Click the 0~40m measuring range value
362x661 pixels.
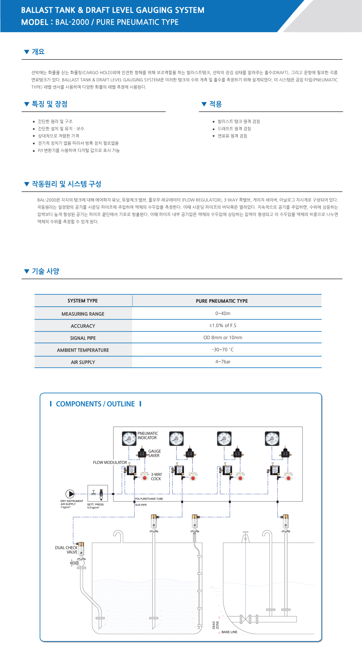223,313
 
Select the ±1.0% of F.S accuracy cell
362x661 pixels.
223,325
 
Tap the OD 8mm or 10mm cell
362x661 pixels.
223,337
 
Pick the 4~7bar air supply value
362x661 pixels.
223,362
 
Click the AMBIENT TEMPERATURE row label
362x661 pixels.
83,350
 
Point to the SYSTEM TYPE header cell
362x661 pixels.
83,301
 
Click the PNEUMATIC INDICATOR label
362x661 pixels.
148,436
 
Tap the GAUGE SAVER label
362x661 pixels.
154,453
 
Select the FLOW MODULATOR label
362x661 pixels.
110,462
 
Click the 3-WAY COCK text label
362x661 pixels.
156,477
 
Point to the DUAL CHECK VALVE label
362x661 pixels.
66,550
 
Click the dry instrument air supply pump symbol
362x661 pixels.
70,494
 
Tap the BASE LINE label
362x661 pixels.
229,632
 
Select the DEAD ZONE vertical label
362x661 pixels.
215,625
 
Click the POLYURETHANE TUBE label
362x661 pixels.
149,499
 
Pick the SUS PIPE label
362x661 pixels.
141,505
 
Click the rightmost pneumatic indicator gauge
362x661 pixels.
272,439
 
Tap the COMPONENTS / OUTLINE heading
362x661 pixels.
95,404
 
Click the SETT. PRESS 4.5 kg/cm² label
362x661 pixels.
95,506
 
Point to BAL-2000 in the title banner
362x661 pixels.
72,22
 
